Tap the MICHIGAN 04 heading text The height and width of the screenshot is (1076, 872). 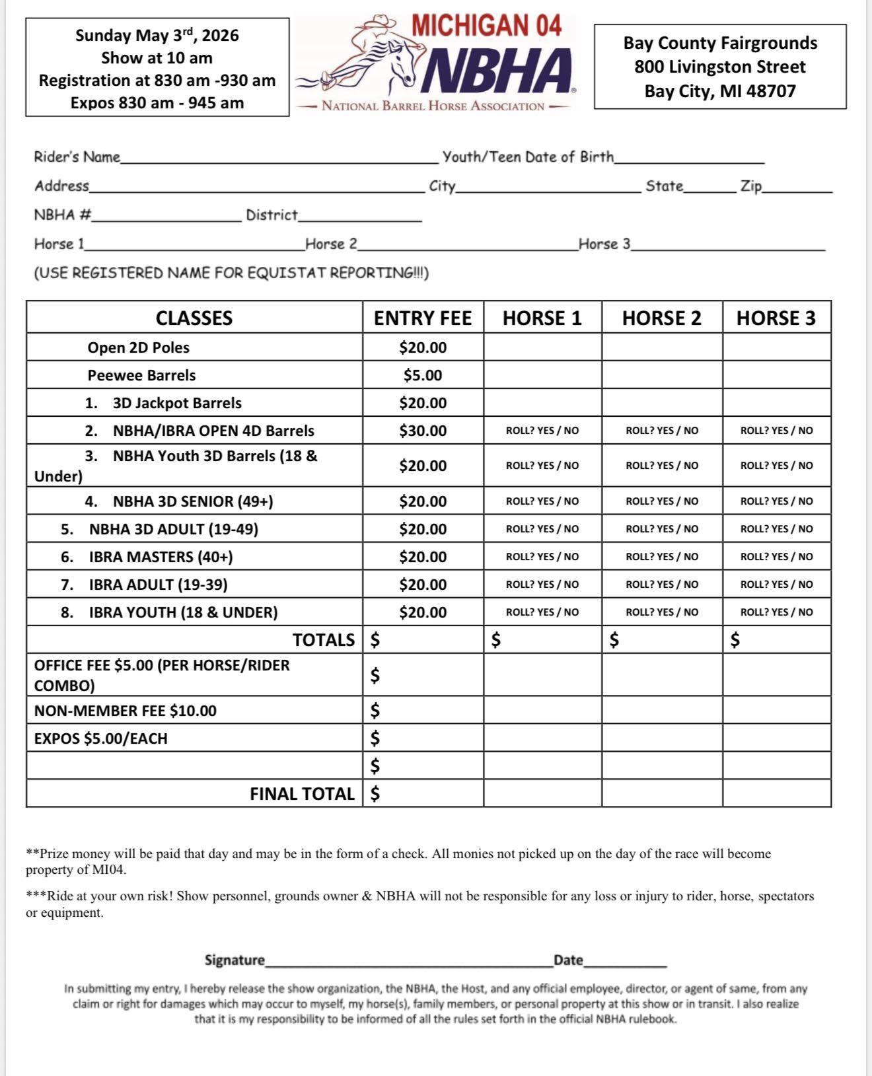(486, 26)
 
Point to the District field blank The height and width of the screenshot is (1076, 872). (360, 217)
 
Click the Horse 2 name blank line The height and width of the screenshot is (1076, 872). (468, 246)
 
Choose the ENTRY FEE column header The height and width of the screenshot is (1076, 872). (423, 318)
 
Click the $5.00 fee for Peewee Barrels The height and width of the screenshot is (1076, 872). (423, 375)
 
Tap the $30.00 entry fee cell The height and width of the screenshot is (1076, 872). (423, 431)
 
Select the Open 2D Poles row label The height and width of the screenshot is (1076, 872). (138, 347)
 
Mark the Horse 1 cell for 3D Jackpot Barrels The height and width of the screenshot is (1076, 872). (542, 403)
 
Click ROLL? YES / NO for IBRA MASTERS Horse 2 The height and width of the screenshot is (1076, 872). (662, 557)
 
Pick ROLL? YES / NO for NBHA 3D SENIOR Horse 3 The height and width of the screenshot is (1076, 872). (777, 501)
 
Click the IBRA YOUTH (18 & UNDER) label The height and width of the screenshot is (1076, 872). (183, 612)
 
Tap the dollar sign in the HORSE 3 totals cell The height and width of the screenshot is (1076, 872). (735, 639)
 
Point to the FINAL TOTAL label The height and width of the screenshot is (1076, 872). (302, 794)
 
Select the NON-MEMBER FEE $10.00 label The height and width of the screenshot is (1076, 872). (125, 711)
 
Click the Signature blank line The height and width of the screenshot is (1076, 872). (410, 961)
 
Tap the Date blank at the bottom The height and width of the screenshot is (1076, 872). (625, 961)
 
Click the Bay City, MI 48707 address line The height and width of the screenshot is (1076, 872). (720, 91)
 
